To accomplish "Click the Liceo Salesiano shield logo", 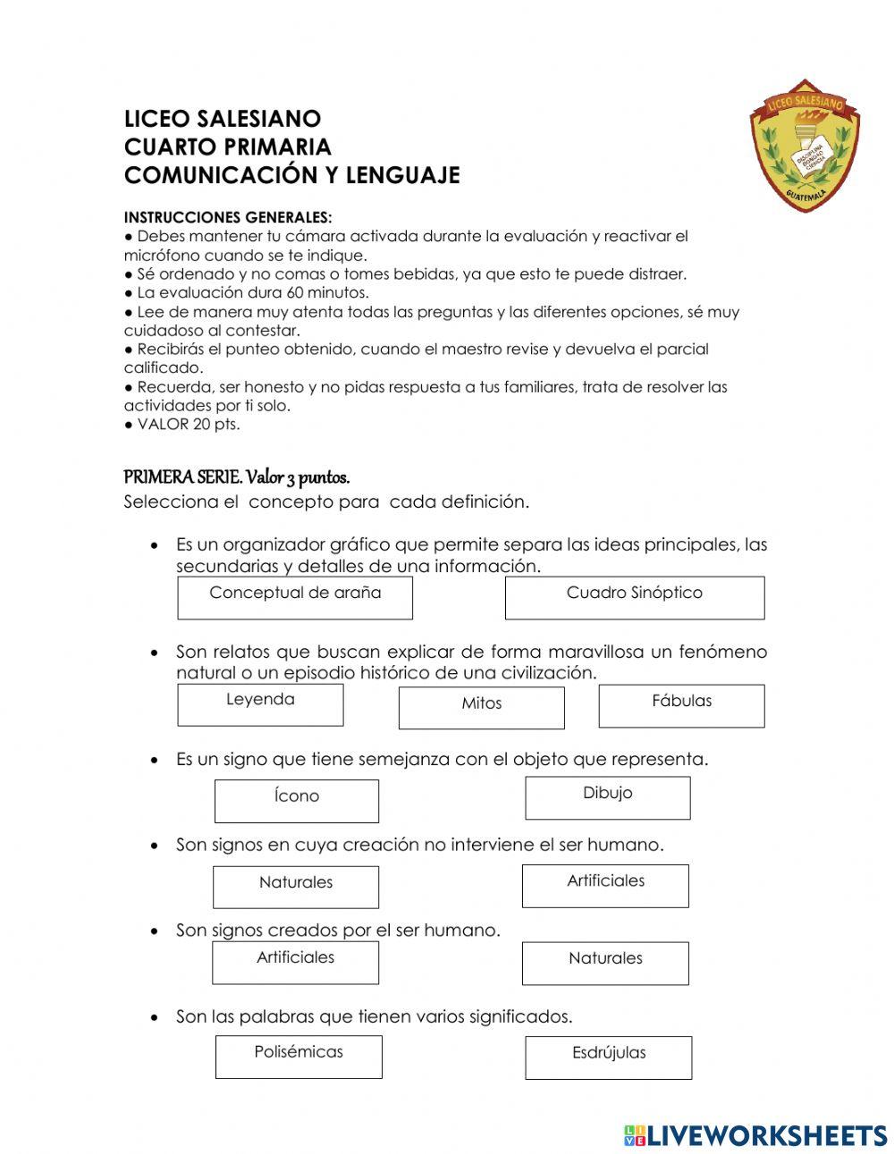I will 804,145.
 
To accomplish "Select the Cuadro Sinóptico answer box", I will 634,597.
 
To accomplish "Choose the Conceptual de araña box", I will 295,597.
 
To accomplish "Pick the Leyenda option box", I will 260,704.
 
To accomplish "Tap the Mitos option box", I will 481,707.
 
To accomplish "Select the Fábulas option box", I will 681,705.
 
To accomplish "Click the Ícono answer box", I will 296,800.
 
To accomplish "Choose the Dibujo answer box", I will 607,797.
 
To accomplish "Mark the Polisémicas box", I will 298,1057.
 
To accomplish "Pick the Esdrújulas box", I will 608,1057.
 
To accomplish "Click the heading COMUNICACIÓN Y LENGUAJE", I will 291,175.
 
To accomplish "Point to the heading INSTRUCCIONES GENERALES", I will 227,217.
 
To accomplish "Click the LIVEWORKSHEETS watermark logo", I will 755,1135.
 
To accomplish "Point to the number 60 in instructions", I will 297,292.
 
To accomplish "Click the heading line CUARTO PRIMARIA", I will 227,147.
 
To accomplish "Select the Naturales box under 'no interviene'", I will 295,886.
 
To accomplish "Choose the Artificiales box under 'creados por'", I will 295,962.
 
